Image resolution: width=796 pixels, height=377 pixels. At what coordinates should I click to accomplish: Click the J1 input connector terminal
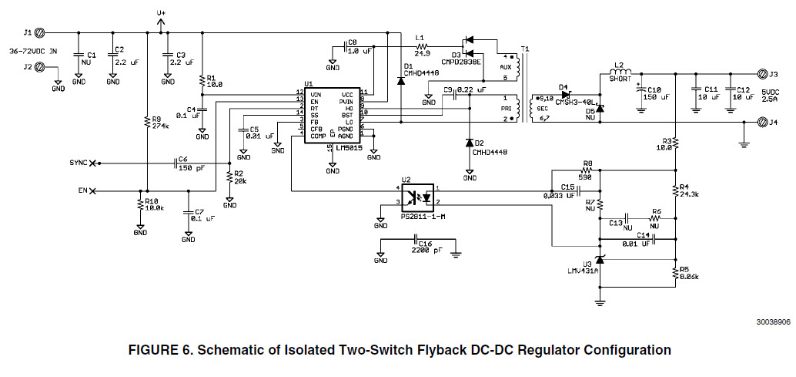(x=41, y=32)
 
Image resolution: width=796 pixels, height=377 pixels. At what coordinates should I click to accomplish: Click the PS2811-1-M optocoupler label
(x=423, y=217)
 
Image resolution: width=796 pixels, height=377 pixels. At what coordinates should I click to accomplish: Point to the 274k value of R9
(x=160, y=125)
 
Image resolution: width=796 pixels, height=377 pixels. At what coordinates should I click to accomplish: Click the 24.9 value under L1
(x=422, y=53)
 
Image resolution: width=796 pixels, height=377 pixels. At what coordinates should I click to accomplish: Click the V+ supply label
(x=161, y=13)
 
